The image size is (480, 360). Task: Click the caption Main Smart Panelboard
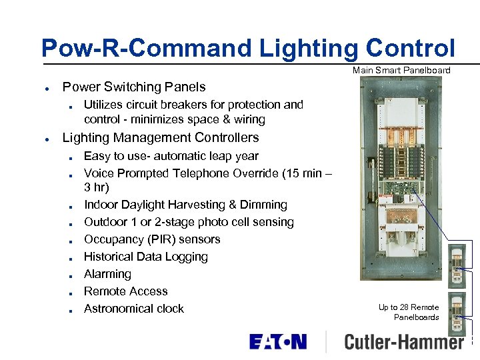coord(401,70)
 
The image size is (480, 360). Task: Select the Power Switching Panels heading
coord(133,87)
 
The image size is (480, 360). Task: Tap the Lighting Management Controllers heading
coord(160,138)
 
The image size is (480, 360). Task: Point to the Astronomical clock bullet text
coord(133,309)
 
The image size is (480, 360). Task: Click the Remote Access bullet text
coord(125,291)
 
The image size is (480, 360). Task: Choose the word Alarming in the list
coord(107,274)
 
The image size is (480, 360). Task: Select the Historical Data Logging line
coord(145,257)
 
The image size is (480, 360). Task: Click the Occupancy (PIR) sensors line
coord(151,239)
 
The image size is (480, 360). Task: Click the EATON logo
coord(278,342)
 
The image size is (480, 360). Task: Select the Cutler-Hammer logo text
coord(403,342)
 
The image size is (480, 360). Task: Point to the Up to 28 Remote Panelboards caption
coord(409,312)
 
